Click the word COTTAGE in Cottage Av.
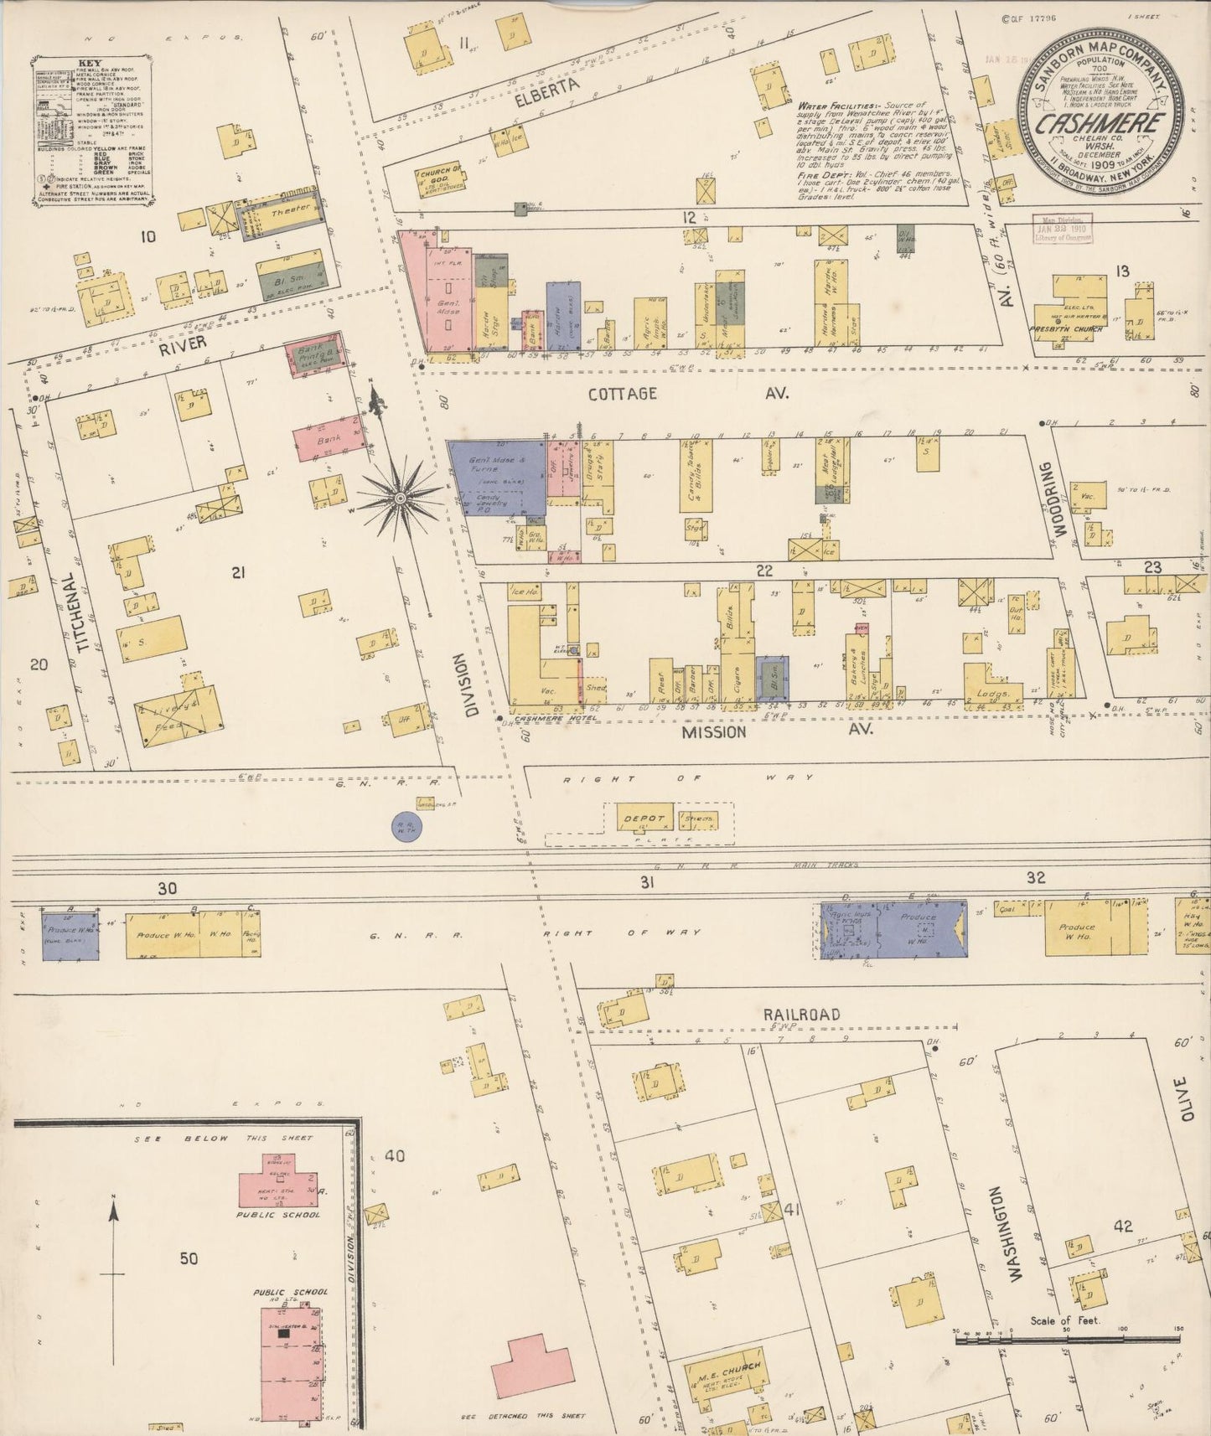click(622, 394)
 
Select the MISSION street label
click(713, 732)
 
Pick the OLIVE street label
click(1182, 1099)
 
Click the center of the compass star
click(401, 498)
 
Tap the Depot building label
click(644, 819)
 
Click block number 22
click(763, 571)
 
